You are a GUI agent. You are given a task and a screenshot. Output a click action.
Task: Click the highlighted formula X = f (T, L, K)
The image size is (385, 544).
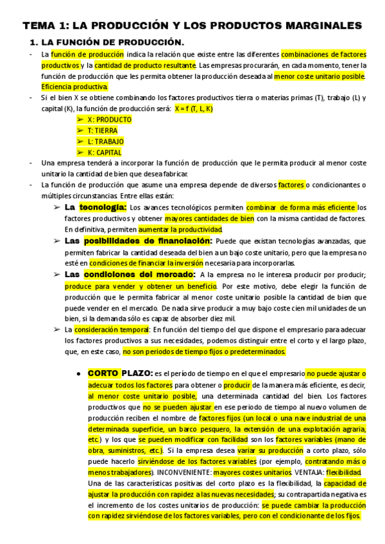click(x=193, y=108)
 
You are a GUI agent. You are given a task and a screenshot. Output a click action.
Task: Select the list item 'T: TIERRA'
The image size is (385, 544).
click(x=103, y=130)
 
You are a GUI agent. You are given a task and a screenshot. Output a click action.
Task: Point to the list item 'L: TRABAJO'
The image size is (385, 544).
click(x=106, y=141)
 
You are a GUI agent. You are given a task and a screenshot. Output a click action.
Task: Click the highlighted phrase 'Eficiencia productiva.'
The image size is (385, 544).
click(x=74, y=87)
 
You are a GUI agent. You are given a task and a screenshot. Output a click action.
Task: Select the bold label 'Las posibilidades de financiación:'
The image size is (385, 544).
click(x=138, y=241)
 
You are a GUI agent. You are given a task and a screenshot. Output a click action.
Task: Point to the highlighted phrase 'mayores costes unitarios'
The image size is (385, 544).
click(x=251, y=472)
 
